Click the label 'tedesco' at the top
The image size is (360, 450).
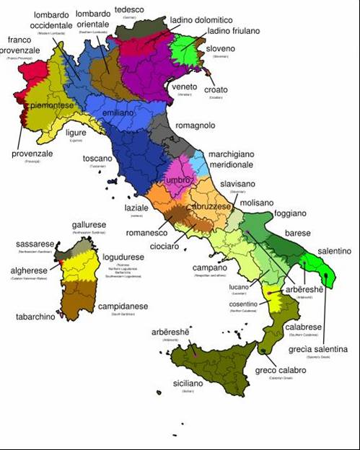[130, 9]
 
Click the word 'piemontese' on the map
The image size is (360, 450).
[51, 105]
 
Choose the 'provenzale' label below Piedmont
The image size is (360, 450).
[32, 153]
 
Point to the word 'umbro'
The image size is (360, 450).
[177, 179]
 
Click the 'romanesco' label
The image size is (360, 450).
[146, 234]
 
